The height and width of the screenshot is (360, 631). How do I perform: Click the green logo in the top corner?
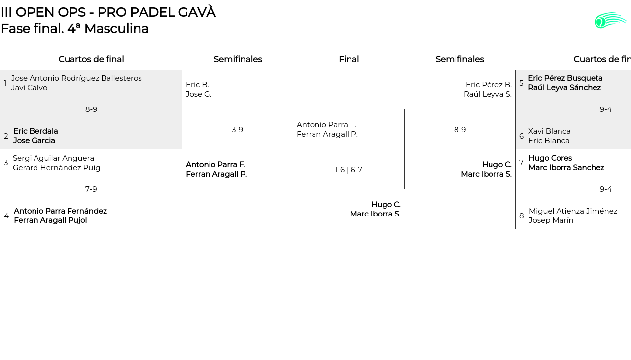pos(610,20)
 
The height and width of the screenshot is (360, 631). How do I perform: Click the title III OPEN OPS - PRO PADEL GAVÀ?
pos(108,12)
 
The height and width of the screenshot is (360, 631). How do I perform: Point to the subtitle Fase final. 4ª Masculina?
pos(75,29)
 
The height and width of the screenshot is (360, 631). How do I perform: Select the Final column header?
pos(349,59)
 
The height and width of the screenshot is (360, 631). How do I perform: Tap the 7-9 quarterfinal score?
pos(91,189)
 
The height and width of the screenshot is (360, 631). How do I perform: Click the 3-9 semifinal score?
pos(237,130)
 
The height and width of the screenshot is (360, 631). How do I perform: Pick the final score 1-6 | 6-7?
pos(349,170)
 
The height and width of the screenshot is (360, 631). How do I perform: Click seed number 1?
pos(5,83)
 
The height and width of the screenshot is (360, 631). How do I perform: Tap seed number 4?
pos(6,216)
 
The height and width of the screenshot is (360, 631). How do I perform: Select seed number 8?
pos(522,216)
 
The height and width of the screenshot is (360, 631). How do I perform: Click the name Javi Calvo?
pos(30,88)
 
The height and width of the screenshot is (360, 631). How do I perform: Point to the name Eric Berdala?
pos(35,131)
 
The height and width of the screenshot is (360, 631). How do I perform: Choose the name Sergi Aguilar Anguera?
pos(53,158)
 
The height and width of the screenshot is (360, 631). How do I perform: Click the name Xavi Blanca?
pos(550,131)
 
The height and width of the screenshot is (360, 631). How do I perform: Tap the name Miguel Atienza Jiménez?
pos(573,211)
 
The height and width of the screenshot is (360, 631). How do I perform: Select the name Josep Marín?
pos(551,220)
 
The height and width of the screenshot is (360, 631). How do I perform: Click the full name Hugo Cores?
pos(550,158)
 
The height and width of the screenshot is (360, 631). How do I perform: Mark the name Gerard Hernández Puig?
pos(57,168)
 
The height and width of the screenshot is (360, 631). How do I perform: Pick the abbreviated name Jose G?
pos(199,94)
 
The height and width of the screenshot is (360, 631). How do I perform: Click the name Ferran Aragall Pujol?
pos(50,220)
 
